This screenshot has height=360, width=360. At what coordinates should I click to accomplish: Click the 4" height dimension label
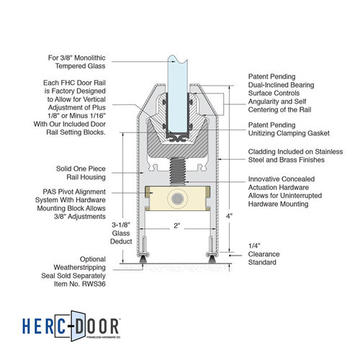pyautogui.click(x=230, y=216)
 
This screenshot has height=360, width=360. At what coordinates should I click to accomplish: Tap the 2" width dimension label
pyautogui.click(x=177, y=226)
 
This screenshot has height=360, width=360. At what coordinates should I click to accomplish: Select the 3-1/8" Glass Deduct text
pyautogui.click(x=121, y=233)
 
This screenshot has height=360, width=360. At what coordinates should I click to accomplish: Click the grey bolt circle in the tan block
pyautogui.click(x=178, y=199)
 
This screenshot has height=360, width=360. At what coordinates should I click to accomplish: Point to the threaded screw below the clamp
pyautogui.click(x=178, y=171)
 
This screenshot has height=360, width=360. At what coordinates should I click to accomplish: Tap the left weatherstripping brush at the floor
pyautogui.click(x=143, y=259)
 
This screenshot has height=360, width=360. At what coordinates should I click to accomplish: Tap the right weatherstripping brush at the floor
pyautogui.click(x=212, y=259)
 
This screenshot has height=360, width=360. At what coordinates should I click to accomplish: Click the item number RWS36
pyautogui.click(x=94, y=284)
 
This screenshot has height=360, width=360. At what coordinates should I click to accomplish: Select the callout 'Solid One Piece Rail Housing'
pyautogui.click(x=81, y=173)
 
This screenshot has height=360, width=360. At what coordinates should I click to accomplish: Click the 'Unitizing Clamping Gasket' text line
pyautogui.click(x=289, y=133)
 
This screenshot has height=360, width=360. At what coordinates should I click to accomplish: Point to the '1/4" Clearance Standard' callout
pyautogui.click(x=264, y=254)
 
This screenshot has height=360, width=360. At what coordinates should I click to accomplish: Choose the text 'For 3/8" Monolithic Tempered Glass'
pyautogui.click(x=77, y=62)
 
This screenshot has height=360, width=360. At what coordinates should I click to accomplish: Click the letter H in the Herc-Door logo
pyautogui.click(x=27, y=326)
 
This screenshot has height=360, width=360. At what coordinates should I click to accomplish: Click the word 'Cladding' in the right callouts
pyautogui.click(x=262, y=152)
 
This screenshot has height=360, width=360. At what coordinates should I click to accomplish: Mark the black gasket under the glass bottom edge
pyautogui.click(x=178, y=138)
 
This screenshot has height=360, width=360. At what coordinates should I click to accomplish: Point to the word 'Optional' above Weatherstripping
pyautogui.click(x=93, y=259)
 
